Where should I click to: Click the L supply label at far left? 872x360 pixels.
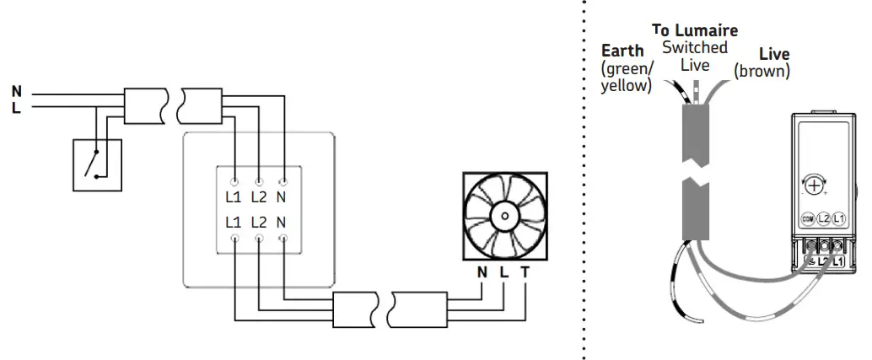click(x=17, y=107)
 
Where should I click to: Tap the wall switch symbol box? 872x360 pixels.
click(x=96, y=162)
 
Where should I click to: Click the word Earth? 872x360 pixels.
click(x=622, y=51)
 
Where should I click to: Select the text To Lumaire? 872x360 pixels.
click(x=695, y=31)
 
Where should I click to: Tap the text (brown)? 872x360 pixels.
click(x=762, y=72)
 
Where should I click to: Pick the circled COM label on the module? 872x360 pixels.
click(x=807, y=218)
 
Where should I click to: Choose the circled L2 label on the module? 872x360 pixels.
click(x=824, y=218)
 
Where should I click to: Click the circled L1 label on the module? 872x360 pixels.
click(x=839, y=218)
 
